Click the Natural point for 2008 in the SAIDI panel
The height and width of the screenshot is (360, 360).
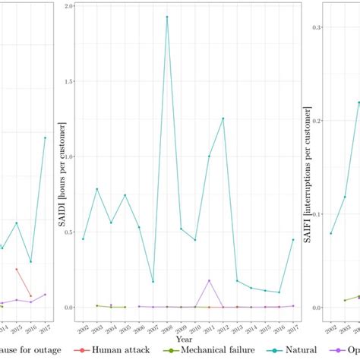tap(167, 17)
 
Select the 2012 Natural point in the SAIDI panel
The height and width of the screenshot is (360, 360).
tap(223, 118)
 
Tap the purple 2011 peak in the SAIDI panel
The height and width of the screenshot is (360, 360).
tap(209, 280)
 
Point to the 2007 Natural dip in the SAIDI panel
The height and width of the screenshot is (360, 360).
tap(153, 282)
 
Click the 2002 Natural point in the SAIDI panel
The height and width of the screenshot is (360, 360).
tap(83, 239)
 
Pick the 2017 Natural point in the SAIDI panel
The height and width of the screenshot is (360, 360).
tap(293, 239)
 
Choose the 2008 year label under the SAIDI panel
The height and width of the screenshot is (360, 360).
tap(166, 327)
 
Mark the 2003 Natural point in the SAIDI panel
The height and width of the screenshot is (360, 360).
tap(97, 189)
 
